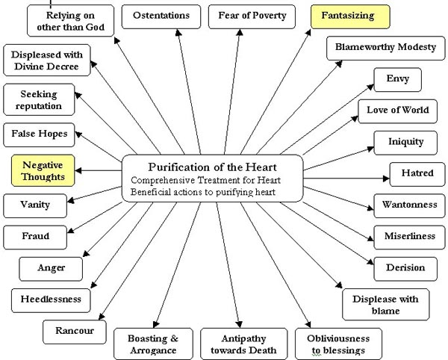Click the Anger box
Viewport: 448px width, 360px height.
coord(51,267)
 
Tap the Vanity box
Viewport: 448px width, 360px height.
coord(36,204)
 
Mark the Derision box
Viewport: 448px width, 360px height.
coord(405,267)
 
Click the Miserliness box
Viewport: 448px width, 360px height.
coord(408,236)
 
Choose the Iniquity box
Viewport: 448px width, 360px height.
coord(405,141)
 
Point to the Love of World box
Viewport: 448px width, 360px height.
coord(397,111)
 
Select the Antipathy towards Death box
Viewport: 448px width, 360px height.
coord(239,344)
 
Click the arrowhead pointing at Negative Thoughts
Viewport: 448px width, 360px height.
coord(81,170)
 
